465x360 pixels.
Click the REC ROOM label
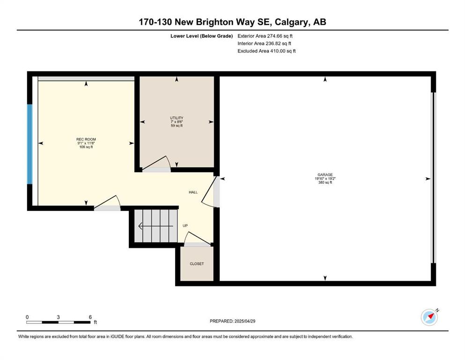pyautogui.click(x=86, y=139)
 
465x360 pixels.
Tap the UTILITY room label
pyautogui.click(x=177, y=118)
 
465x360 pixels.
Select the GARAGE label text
pyautogui.click(x=325, y=175)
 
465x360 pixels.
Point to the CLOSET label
pyautogui.click(x=197, y=263)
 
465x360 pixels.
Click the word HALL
pyautogui.click(x=193, y=192)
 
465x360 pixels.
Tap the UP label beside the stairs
pyautogui.click(x=185, y=226)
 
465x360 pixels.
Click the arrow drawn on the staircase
pyautogui.click(x=155, y=226)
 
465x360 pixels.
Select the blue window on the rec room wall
pyautogui.click(x=30, y=144)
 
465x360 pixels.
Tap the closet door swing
pyautogui.click(x=197, y=238)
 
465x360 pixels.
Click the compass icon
pyautogui.click(x=429, y=317)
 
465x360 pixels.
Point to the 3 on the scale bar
pyautogui.click(x=59, y=317)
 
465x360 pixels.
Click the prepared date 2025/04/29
pyautogui.click(x=244, y=321)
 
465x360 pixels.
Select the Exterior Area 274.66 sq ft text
pyautogui.click(x=265, y=36)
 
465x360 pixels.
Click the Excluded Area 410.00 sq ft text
pyautogui.click(x=266, y=51)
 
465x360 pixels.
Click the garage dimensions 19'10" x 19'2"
pyautogui.click(x=325, y=179)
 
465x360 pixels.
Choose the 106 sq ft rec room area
pyautogui.click(x=86, y=147)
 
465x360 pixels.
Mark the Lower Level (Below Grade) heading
pyautogui.click(x=202, y=36)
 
